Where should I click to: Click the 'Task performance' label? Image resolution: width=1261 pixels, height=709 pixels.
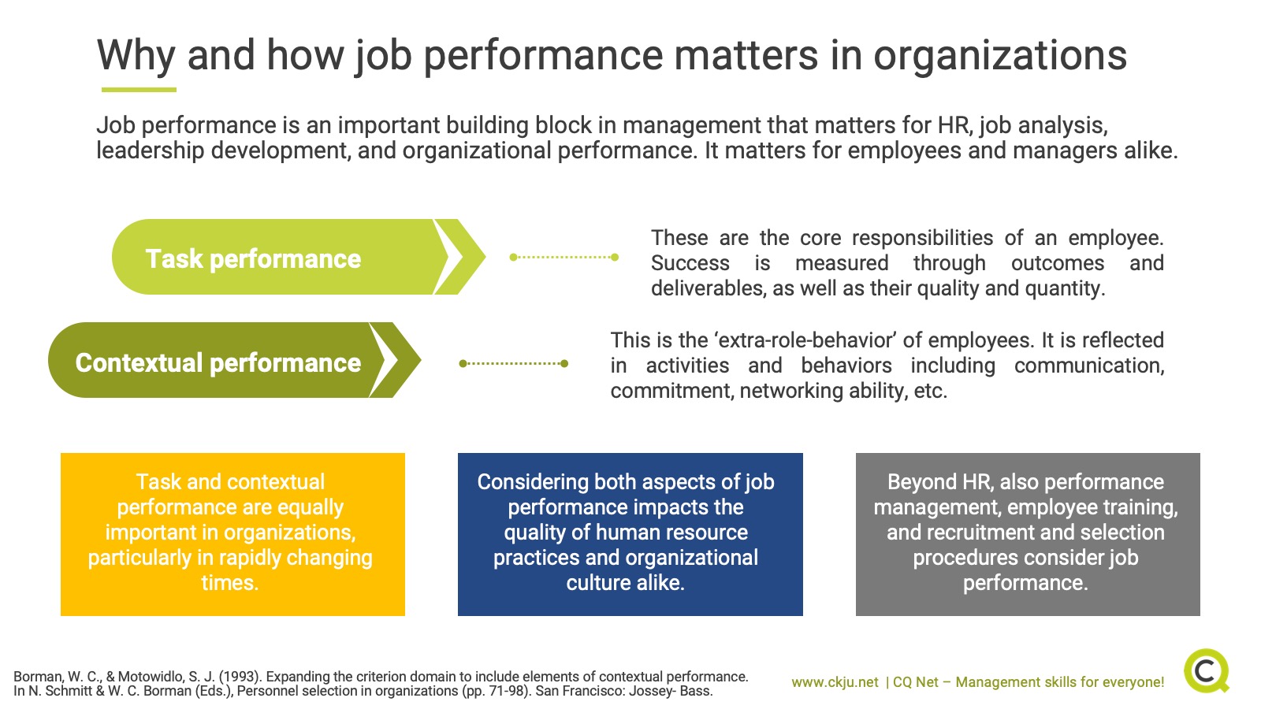[253, 259]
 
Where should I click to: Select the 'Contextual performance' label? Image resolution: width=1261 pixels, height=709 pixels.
[218, 363]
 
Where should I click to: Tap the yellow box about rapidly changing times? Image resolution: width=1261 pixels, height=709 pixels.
[232, 534]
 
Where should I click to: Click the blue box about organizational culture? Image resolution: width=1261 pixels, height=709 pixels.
[630, 534]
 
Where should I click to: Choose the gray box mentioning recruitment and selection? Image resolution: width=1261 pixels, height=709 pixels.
[1028, 534]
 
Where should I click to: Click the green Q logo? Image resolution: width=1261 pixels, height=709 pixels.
[1207, 670]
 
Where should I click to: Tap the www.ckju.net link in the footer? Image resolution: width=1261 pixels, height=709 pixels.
[835, 682]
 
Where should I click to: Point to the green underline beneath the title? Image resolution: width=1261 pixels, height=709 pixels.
[139, 90]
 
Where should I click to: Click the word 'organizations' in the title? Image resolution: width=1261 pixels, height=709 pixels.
[1000, 57]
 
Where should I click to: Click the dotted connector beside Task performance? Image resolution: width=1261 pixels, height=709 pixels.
[564, 257]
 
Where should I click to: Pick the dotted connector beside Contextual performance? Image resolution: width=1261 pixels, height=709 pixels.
[513, 363]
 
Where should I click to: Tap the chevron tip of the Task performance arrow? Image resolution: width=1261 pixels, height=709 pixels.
[485, 257]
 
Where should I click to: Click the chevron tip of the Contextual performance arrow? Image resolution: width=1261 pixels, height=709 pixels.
[421, 360]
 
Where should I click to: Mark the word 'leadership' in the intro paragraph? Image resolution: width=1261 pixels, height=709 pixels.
[151, 151]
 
